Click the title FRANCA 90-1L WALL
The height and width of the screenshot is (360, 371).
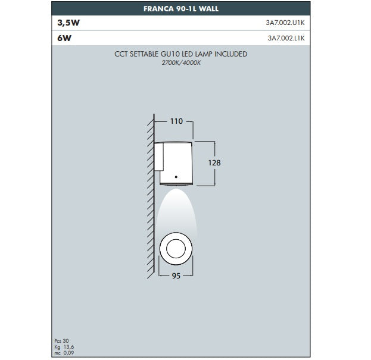point(181,10)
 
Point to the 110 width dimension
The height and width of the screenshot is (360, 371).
point(176,121)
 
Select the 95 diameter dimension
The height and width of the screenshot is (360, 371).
point(176,276)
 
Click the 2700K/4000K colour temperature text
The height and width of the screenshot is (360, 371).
point(180,62)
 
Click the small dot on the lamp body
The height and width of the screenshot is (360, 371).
point(176,177)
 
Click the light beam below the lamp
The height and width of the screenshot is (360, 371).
point(176,205)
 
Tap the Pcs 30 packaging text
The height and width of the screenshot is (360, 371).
point(61,342)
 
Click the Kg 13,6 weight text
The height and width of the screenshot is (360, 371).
point(63,347)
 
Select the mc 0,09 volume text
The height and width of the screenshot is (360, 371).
point(63,352)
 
